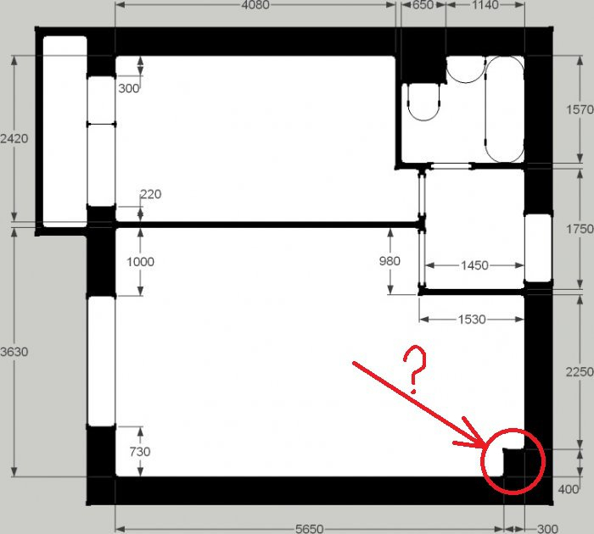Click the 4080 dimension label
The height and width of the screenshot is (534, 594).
pyautogui.click(x=255, y=5)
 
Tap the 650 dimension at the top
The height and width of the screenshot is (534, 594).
pyautogui.click(x=423, y=5)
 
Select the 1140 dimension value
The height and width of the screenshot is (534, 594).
pyautogui.click(x=485, y=5)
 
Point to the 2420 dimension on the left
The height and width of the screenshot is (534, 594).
pyautogui.click(x=14, y=138)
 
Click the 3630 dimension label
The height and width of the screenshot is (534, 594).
pyautogui.click(x=14, y=352)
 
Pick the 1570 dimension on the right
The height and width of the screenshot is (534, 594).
pyautogui.click(x=580, y=109)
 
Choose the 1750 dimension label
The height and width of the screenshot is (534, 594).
pyautogui.click(x=580, y=229)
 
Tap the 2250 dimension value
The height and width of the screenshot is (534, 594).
pyautogui.click(x=580, y=372)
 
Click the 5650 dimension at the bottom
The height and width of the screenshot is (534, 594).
pyautogui.click(x=310, y=528)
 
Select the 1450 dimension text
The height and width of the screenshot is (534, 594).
pyautogui.click(x=474, y=265)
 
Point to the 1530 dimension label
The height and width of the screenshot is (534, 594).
pyautogui.click(x=472, y=320)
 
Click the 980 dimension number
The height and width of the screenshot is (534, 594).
pyautogui.click(x=389, y=261)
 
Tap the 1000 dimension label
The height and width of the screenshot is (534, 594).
pyautogui.click(x=140, y=262)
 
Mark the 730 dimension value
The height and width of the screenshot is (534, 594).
pyautogui.click(x=140, y=452)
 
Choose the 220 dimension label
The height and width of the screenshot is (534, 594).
pyautogui.click(x=151, y=194)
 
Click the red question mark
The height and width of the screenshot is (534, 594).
pyautogui.click(x=415, y=369)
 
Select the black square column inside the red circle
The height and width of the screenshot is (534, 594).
pyautogui.click(x=513, y=462)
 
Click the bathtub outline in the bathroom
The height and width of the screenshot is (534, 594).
pyautogui.click(x=505, y=109)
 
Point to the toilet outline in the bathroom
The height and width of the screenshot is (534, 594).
pyautogui.click(x=424, y=102)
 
